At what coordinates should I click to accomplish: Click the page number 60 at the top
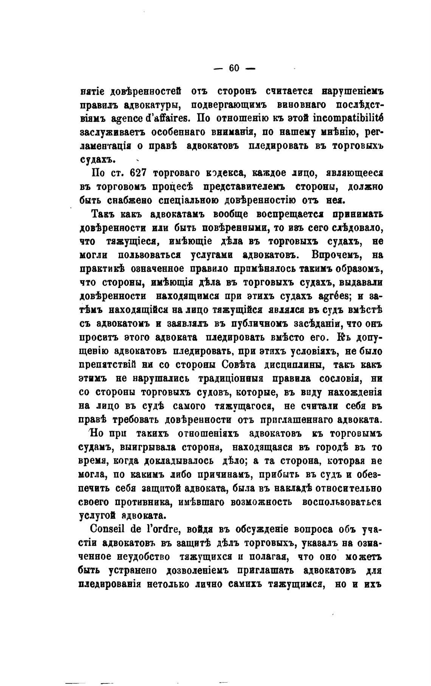click(x=234, y=68)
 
